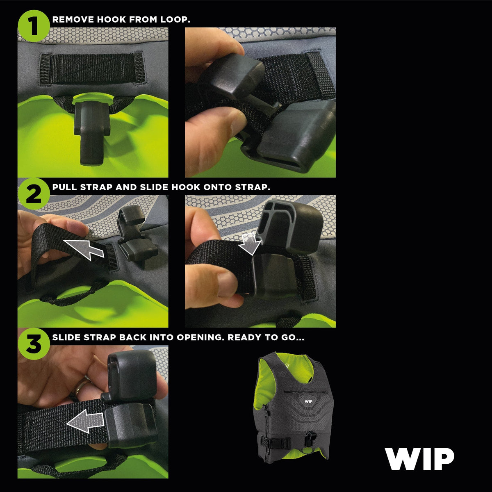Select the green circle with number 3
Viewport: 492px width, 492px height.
click(33, 344)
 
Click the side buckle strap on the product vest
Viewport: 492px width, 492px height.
click(276, 443)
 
